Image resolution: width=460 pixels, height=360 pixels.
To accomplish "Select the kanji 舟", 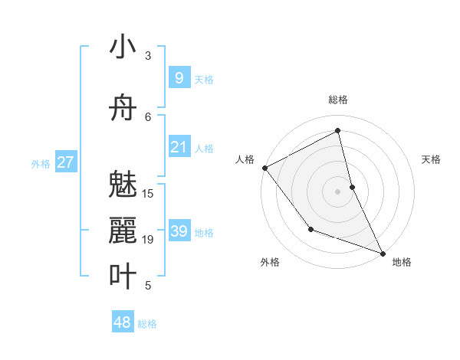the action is click(x=123, y=108).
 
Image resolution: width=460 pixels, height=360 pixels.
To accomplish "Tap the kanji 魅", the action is click(x=123, y=185).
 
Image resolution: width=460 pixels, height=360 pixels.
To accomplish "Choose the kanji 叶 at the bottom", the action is click(x=123, y=277).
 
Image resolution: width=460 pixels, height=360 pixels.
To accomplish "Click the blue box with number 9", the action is click(x=179, y=78).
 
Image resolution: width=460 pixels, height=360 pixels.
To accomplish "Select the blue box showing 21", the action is click(x=179, y=147).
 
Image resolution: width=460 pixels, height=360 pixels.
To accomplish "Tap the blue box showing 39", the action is click(x=179, y=231).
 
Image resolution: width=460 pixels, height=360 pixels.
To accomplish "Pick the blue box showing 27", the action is click(x=65, y=162).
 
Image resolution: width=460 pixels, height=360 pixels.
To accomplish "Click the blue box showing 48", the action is click(x=123, y=322).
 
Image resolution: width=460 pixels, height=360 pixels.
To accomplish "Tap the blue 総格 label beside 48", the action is click(x=147, y=324).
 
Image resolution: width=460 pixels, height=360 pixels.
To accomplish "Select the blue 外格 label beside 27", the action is click(x=41, y=163).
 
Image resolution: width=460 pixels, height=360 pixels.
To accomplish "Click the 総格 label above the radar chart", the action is click(x=338, y=100).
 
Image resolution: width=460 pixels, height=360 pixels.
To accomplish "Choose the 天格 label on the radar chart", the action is click(x=431, y=159).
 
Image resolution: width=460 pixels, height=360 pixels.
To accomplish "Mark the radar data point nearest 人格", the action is click(x=264, y=168).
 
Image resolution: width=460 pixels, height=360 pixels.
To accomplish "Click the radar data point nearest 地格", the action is click(x=383, y=252).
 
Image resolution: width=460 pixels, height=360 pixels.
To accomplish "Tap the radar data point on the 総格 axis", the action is click(x=338, y=131).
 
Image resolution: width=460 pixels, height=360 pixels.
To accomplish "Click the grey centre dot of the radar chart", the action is click(x=338, y=191).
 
